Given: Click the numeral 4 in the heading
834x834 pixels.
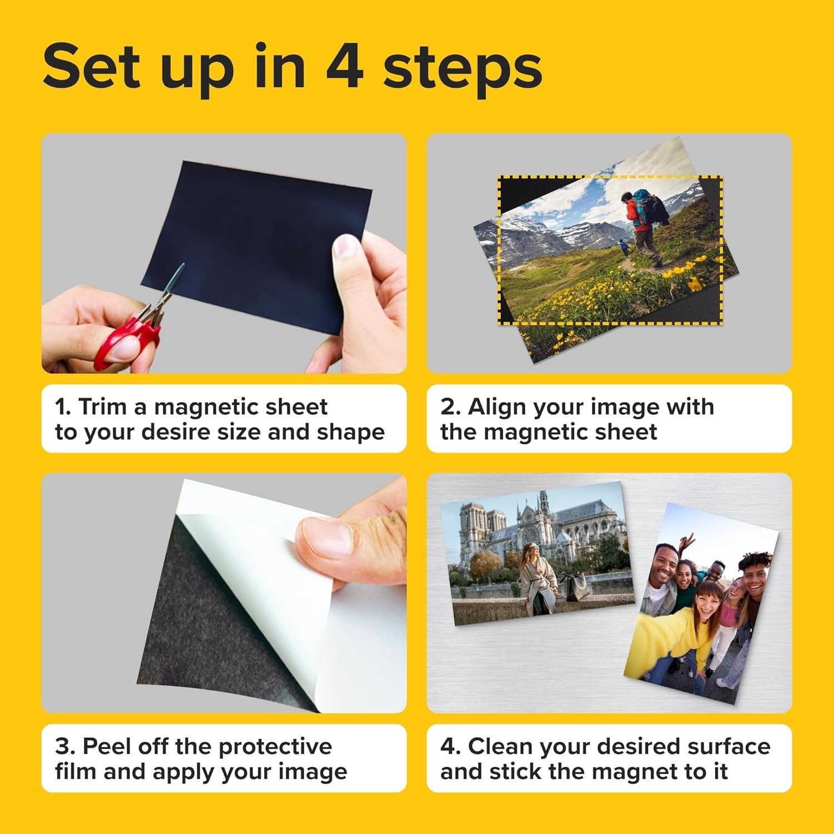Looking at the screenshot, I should (345, 67).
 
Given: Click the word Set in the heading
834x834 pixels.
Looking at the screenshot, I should (92, 67).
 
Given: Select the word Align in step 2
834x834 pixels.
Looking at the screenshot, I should (496, 407).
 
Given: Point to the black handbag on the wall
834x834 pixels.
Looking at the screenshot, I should (573, 587).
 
